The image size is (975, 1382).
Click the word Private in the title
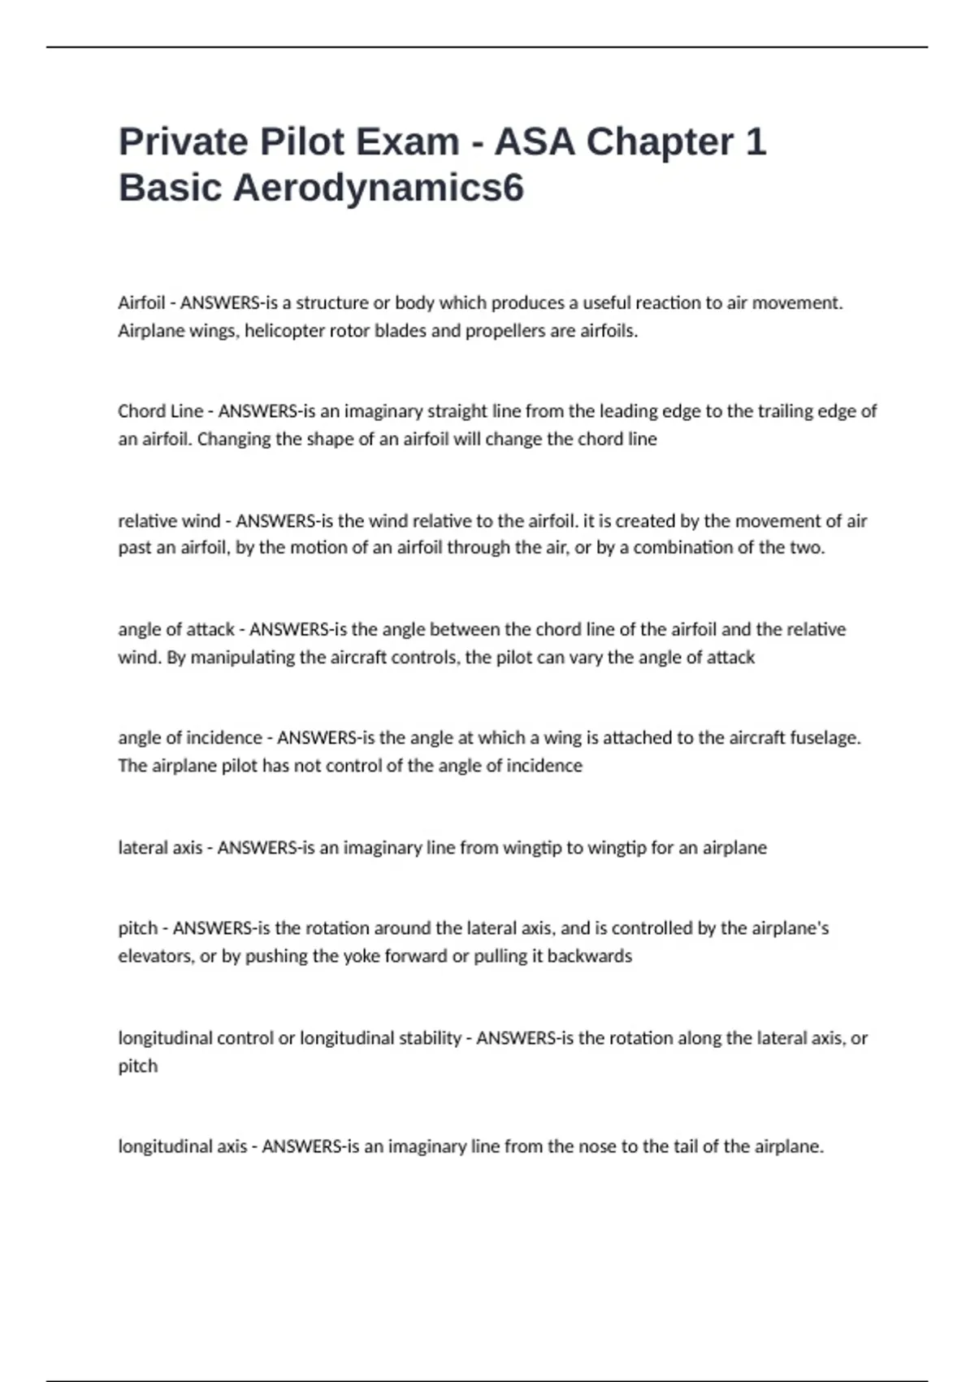click(x=183, y=142)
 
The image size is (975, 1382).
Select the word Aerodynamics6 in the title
click(x=379, y=188)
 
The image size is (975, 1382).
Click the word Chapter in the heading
click(x=660, y=142)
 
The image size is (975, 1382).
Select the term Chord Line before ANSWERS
click(x=160, y=411)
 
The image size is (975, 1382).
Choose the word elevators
click(x=156, y=956)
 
